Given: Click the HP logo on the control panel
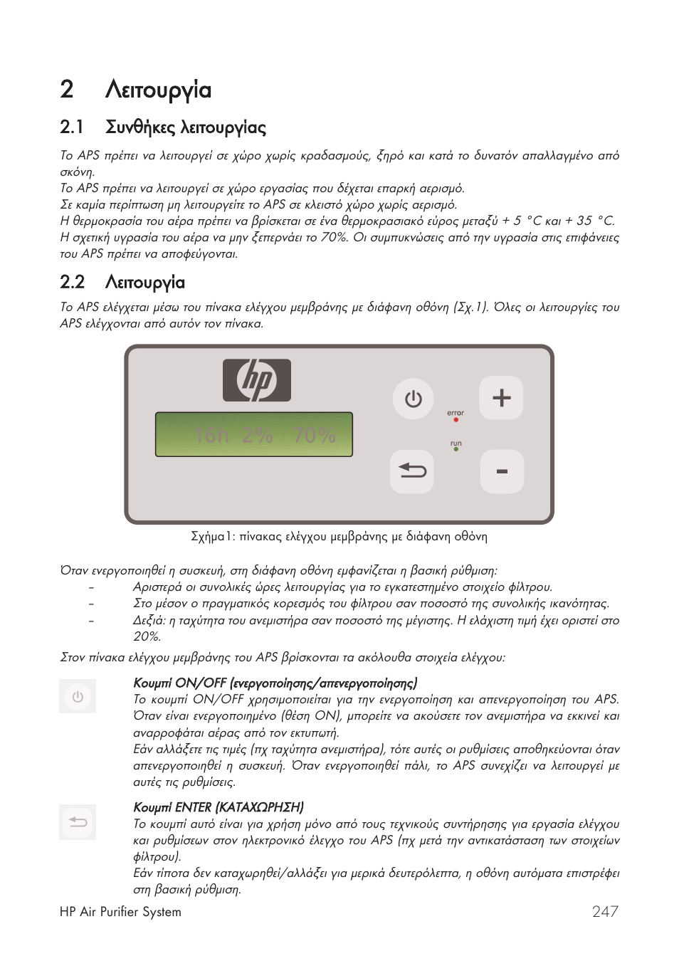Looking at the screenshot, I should coord(257,381).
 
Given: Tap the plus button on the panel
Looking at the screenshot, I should coord(501,397).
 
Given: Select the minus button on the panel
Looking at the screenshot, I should coord(502,472).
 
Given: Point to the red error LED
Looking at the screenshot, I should coord(456,420).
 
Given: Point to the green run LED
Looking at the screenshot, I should coord(456,450).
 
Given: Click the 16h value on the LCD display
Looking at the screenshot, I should coord(211,435).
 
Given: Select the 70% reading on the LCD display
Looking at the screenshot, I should coord(315,435).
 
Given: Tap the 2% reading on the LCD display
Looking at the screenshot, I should coord(257,435).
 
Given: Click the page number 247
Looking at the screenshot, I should coord(605,911).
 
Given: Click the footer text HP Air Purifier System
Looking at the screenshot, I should coord(120,912).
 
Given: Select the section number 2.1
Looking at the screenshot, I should coord(72,127).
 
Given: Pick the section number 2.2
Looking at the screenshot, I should coord(72,283).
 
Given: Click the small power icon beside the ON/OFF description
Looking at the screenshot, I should coord(78,697).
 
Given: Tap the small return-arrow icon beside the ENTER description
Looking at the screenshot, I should coord(78,822).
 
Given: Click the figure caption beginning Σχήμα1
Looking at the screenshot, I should coord(339,537).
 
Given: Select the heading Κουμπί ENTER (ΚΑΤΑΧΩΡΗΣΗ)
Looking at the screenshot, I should coord(219,807).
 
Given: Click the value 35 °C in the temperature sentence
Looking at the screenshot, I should coord(595,221).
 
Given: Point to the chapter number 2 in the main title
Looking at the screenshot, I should coord(67,90).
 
